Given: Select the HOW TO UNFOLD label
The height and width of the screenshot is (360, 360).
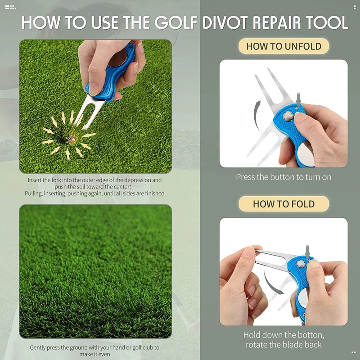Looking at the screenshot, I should [x=283, y=46].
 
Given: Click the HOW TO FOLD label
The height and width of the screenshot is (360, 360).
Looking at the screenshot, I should [x=283, y=203].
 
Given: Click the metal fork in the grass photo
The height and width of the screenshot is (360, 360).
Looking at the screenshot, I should [x=81, y=110].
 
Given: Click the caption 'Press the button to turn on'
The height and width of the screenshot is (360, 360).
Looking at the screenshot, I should [x=283, y=177].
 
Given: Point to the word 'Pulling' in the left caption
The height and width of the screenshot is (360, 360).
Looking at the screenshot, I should [x=35, y=193].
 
